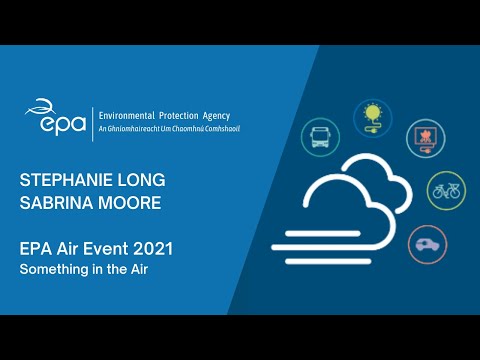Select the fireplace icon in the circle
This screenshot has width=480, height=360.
(x=425, y=138)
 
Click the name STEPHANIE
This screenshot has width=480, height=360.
(x=64, y=181)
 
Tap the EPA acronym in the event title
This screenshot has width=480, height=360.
(x=35, y=248)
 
